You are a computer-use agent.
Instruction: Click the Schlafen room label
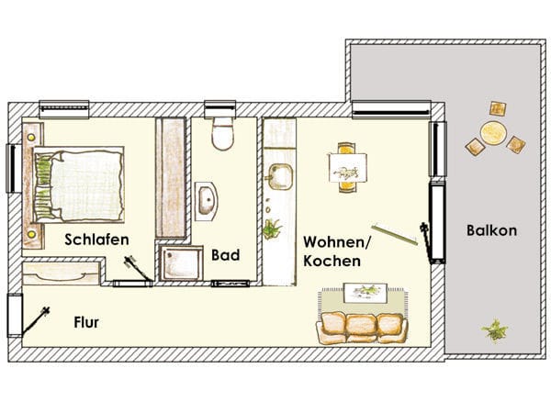(x=96, y=240)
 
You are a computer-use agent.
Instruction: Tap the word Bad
(x=226, y=255)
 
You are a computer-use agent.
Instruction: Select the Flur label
(x=86, y=322)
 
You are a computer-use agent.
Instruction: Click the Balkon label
(x=491, y=230)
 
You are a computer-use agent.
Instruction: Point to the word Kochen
(x=332, y=262)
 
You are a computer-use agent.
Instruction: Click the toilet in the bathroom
(x=223, y=134)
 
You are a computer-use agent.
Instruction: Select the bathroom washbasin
(x=207, y=201)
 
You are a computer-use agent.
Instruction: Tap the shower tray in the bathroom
(x=181, y=263)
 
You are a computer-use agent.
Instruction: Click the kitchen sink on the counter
(x=280, y=177)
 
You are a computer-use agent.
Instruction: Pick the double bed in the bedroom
(x=78, y=184)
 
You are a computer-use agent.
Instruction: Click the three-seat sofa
(x=362, y=328)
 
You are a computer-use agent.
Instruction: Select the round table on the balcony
(x=493, y=133)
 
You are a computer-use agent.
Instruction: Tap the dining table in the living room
(x=347, y=168)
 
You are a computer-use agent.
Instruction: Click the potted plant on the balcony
(x=495, y=330)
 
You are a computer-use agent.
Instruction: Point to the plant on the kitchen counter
(x=273, y=229)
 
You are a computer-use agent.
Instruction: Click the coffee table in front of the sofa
(x=365, y=292)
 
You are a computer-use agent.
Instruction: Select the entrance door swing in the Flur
(x=35, y=321)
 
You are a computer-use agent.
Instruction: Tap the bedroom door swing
(x=138, y=268)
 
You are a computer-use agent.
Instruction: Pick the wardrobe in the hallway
(x=62, y=273)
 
